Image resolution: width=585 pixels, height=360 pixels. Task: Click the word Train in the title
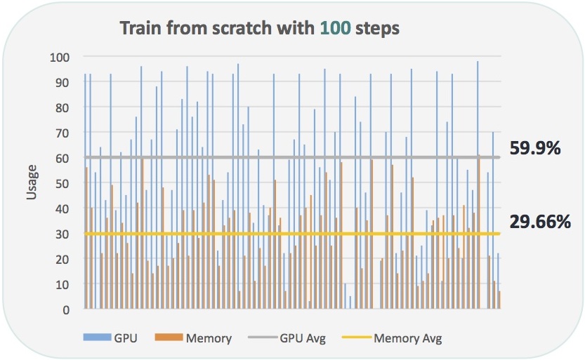[x=140, y=28]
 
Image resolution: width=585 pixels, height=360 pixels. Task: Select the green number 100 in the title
[x=336, y=28]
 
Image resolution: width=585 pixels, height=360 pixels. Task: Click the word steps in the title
[x=377, y=29]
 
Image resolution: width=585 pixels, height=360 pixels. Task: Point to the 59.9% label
[x=535, y=148]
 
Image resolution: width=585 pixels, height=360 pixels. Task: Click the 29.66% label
[x=540, y=222]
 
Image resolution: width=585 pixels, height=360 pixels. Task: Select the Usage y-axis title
[x=32, y=182]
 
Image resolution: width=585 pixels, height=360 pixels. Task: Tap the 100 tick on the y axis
[x=60, y=58]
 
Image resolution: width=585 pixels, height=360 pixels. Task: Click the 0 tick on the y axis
[x=66, y=309]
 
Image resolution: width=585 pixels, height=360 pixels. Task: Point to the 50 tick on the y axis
[x=63, y=183]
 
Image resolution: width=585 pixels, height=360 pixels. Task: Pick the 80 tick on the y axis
[x=63, y=107]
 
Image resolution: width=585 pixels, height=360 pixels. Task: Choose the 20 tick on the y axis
[x=63, y=259]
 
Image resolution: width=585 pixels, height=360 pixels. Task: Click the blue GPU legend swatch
[x=97, y=338]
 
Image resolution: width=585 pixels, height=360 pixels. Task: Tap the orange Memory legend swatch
[x=169, y=338]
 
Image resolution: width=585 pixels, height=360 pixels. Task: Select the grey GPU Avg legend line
[x=263, y=338]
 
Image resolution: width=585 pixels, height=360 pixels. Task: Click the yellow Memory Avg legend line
[x=357, y=338]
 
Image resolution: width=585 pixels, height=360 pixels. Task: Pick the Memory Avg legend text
[x=408, y=338]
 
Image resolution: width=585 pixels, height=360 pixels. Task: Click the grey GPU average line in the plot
[x=292, y=157]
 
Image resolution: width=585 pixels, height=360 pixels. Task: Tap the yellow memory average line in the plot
[x=292, y=234]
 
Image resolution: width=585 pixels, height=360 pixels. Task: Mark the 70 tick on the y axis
[x=63, y=133]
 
